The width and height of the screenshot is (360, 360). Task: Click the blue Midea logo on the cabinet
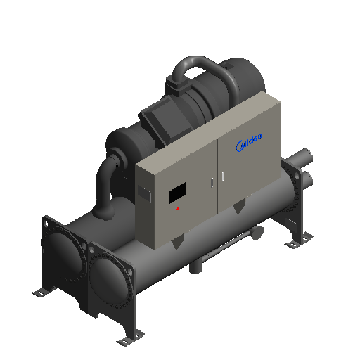pyautogui.click(x=249, y=142)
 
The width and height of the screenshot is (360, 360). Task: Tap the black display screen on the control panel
pyautogui.click(x=178, y=193)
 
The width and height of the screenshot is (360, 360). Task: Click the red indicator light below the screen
pyautogui.click(x=178, y=208)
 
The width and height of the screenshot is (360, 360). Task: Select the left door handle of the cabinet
pyautogui.click(x=212, y=183)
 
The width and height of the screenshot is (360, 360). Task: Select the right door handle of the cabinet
pyautogui.click(x=223, y=176)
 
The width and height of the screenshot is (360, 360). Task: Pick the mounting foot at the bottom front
pyautogui.click(x=130, y=338)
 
